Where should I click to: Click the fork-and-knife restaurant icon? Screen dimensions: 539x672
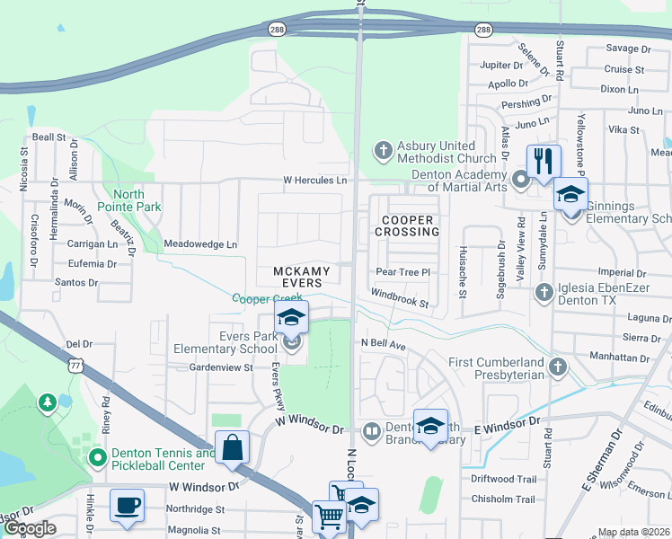(x=544, y=161)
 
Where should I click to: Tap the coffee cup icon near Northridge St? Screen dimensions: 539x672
(x=127, y=504)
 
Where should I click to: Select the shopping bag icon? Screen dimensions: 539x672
(x=232, y=448)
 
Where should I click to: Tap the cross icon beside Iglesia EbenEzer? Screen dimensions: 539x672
(x=544, y=292)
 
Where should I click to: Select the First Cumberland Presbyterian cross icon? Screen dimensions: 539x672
(x=557, y=367)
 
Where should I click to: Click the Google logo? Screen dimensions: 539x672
(x=30, y=528)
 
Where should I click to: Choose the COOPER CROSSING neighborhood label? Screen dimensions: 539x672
(x=408, y=225)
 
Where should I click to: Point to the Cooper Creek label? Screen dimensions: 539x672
(x=267, y=298)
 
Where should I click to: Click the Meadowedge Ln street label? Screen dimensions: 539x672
(x=200, y=244)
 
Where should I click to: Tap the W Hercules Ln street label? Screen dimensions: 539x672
(x=314, y=181)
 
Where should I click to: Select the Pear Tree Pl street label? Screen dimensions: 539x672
(x=404, y=271)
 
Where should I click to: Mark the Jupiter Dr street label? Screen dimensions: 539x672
(x=501, y=66)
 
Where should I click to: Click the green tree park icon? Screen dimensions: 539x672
(x=47, y=403)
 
